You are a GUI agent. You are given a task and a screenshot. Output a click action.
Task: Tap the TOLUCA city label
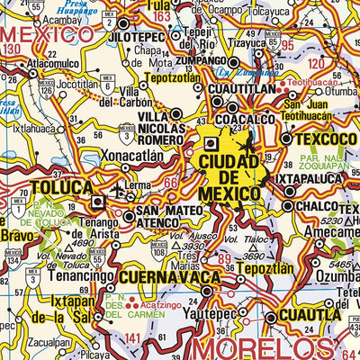pyautogui.click(x=60, y=188)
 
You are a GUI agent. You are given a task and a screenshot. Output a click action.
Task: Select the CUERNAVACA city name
pyautogui.click(x=163, y=275)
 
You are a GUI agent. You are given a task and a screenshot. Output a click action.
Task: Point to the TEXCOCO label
pyautogui.click(x=319, y=139)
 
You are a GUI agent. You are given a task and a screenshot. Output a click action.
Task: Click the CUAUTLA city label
pyautogui.click(x=310, y=315)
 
